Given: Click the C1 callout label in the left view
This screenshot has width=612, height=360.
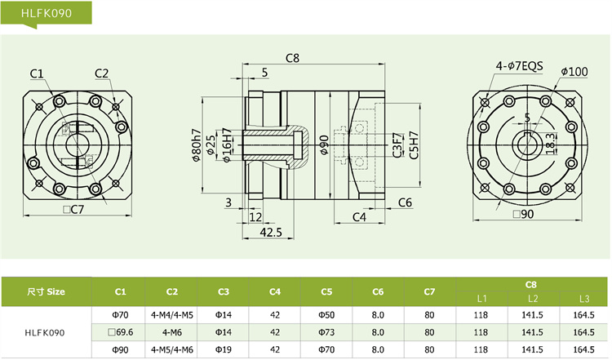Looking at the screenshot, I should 37,73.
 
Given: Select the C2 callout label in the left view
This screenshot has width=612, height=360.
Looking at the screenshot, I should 101,73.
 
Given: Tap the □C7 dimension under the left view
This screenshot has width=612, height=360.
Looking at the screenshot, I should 73,210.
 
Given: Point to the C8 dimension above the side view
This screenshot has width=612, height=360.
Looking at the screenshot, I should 293,58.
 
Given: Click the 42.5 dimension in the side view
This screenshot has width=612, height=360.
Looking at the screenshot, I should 271,233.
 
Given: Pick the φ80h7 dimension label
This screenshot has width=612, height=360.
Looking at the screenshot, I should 197,145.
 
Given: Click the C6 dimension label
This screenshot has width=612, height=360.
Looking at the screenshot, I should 405,202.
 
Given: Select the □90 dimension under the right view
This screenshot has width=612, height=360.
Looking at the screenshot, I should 523,215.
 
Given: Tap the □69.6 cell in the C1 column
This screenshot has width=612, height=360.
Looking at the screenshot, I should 120,332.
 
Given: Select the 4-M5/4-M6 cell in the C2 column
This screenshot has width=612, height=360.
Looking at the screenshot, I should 171,350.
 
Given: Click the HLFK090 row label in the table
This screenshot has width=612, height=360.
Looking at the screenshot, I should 46,332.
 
